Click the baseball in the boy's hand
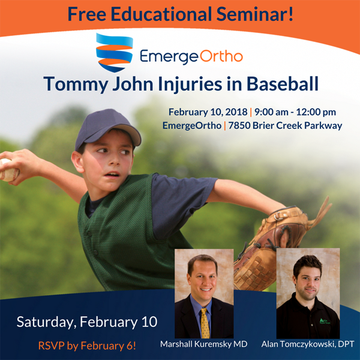point(9,170)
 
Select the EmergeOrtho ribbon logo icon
point(115,52)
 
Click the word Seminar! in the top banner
point(254,14)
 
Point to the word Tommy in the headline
point(76,84)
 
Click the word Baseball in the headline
point(283,83)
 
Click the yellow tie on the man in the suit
point(205,323)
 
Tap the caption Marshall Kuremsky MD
point(204,344)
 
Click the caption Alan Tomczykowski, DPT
point(308,344)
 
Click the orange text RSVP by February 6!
point(87,346)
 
